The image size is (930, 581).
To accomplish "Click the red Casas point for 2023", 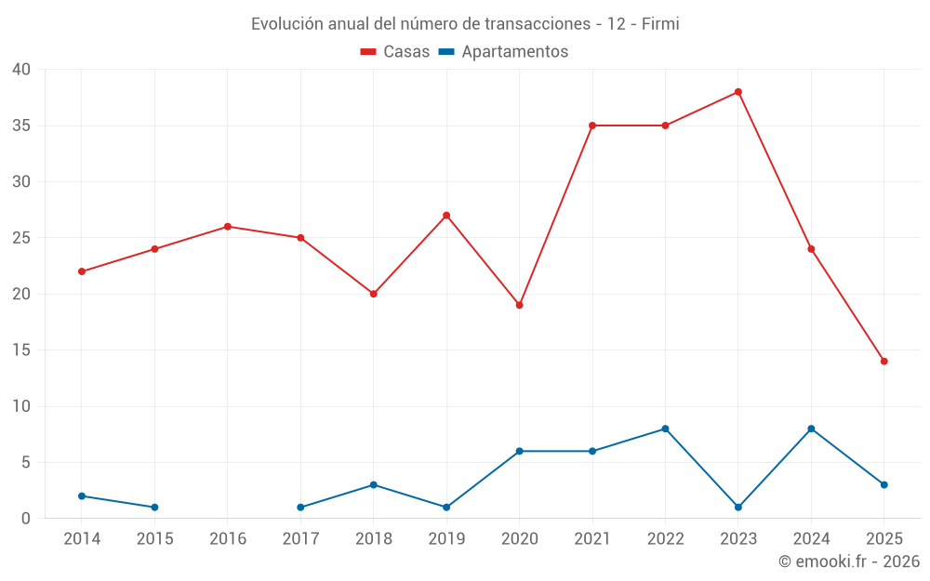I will click(x=738, y=92).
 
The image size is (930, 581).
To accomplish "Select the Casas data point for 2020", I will click(x=519, y=305).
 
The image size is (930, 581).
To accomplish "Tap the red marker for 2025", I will click(x=884, y=362).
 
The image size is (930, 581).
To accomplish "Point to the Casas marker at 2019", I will click(x=446, y=216).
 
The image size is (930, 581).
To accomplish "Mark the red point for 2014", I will click(x=82, y=271).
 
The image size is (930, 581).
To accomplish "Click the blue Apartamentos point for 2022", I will click(x=665, y=429).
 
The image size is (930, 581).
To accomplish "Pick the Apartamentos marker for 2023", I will click(x=738, y=508).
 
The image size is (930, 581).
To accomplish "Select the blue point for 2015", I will click(x=154, y=508).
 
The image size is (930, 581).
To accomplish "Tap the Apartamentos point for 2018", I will click(x=374, y=485).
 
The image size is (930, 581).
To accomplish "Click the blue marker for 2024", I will click(x=811, y=429).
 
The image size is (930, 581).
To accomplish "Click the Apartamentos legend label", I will click(x=514, y=52).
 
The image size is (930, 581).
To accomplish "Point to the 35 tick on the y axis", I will click(x=21, y=125).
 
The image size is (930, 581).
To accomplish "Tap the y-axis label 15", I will click(x=21, y=350).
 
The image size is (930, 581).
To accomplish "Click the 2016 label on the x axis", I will click(x=228, y=539).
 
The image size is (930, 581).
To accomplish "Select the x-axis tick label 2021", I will click(x=592, y=539).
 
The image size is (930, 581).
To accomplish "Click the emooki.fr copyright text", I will click(x=848, y=561).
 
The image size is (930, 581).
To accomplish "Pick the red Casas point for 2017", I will click(x=300, y=238).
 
